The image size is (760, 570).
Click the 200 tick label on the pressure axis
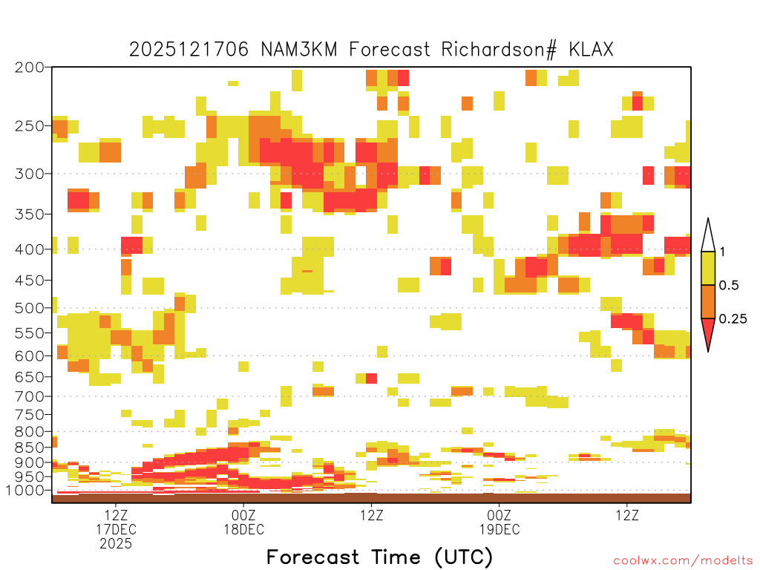29,68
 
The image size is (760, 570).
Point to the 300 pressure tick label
29,174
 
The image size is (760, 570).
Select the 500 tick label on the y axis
29,308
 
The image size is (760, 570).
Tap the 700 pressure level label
29,396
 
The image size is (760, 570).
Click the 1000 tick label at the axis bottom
25,491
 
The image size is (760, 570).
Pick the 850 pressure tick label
29,448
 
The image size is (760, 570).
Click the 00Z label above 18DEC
243,515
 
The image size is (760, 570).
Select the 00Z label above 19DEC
499,515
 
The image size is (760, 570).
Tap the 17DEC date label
116,529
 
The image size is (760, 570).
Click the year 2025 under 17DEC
116,544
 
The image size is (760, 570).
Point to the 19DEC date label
499,529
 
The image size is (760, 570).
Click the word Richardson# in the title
499,50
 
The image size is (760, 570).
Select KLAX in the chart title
592,50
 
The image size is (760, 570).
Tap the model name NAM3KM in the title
299,50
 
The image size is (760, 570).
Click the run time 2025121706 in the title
189,50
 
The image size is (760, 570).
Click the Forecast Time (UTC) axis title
379,557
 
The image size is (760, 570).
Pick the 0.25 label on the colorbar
733,319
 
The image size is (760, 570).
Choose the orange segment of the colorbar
708,301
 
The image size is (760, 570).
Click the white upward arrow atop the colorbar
708,235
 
